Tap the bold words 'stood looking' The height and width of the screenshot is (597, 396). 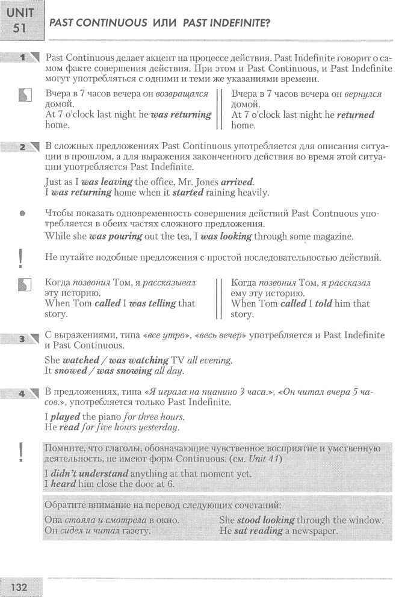click(265, 519)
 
